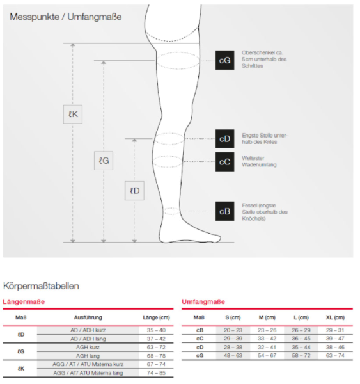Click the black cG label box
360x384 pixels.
224,60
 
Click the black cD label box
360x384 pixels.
224,139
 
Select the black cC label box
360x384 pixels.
224,161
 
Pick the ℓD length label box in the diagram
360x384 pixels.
134,191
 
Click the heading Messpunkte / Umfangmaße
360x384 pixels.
65,17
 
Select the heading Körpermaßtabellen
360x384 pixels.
41,285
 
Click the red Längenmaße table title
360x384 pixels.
24,301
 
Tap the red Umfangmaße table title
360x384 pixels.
203,301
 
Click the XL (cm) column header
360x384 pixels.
334,317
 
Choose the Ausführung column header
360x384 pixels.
88,317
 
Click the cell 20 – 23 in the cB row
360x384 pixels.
233,330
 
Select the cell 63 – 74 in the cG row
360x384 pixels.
334,355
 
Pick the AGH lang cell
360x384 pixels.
88,355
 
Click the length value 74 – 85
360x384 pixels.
156,372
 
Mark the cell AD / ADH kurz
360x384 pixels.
88,330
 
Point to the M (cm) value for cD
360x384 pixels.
267,346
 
